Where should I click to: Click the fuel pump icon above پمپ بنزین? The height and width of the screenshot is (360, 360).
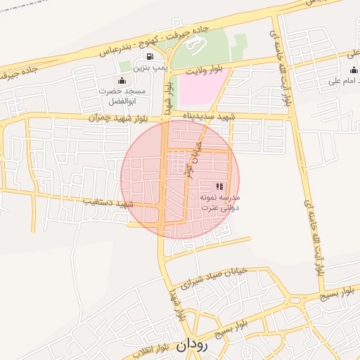149,56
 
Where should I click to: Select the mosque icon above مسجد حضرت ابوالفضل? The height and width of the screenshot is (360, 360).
122,80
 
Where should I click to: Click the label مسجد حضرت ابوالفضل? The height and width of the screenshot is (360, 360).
124,96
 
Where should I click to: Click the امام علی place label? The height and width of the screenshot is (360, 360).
344,82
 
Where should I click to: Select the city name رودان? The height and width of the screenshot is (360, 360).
192,345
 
